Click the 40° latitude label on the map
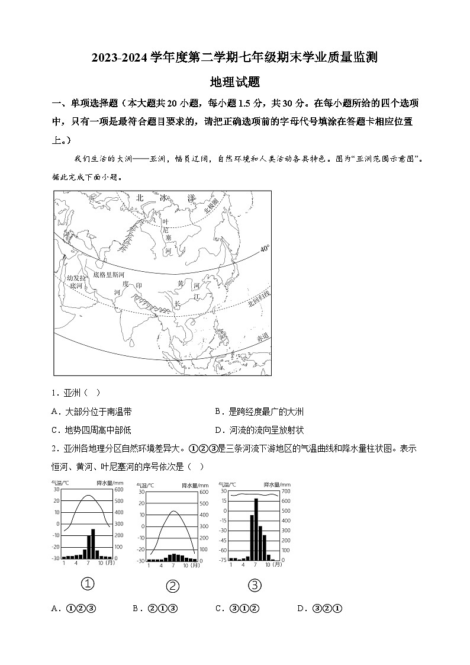tap(265, 249)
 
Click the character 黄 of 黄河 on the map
tap(181, 284)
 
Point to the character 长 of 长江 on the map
tap(176, 305)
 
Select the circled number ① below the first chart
tap(88, 584)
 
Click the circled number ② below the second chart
tap(173, 586)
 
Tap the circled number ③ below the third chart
tap(255, 585)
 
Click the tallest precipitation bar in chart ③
tap(256, 529)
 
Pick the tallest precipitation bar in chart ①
tap(94, 544)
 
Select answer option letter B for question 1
tap(217, 412)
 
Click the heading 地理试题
tap(235, 82)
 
